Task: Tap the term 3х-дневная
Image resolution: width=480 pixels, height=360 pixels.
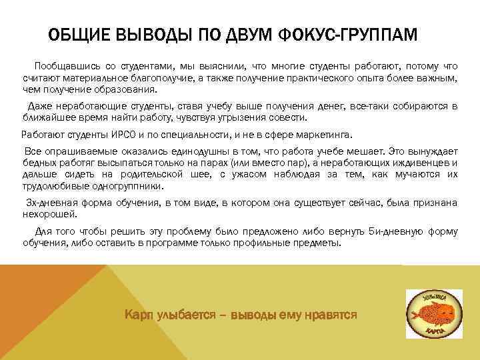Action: point(51,201)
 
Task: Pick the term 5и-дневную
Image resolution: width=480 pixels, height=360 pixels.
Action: point(396,231)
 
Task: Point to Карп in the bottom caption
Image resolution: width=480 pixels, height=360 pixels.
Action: point(138,313)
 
